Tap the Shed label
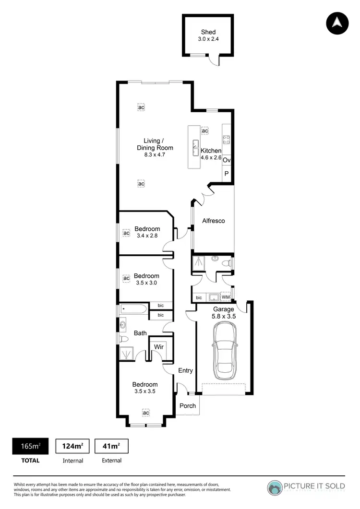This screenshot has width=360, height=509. (x=208, y=32)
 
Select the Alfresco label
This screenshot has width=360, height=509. (x=213, y=221)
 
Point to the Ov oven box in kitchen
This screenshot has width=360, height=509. (x=227, y=160)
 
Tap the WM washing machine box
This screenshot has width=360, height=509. (x=226, y=297)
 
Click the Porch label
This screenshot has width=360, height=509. (x=188, y=405)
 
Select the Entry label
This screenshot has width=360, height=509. (x=185, y=370)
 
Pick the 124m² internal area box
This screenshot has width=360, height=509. (x=73, y=446)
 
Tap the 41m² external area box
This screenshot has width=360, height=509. (x=111, y=446)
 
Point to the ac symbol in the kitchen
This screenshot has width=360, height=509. (x=205, y=130)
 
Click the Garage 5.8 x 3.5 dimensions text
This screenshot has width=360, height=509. (x=224, y=317)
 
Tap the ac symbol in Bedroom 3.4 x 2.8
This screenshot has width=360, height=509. (x=126, y=233)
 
